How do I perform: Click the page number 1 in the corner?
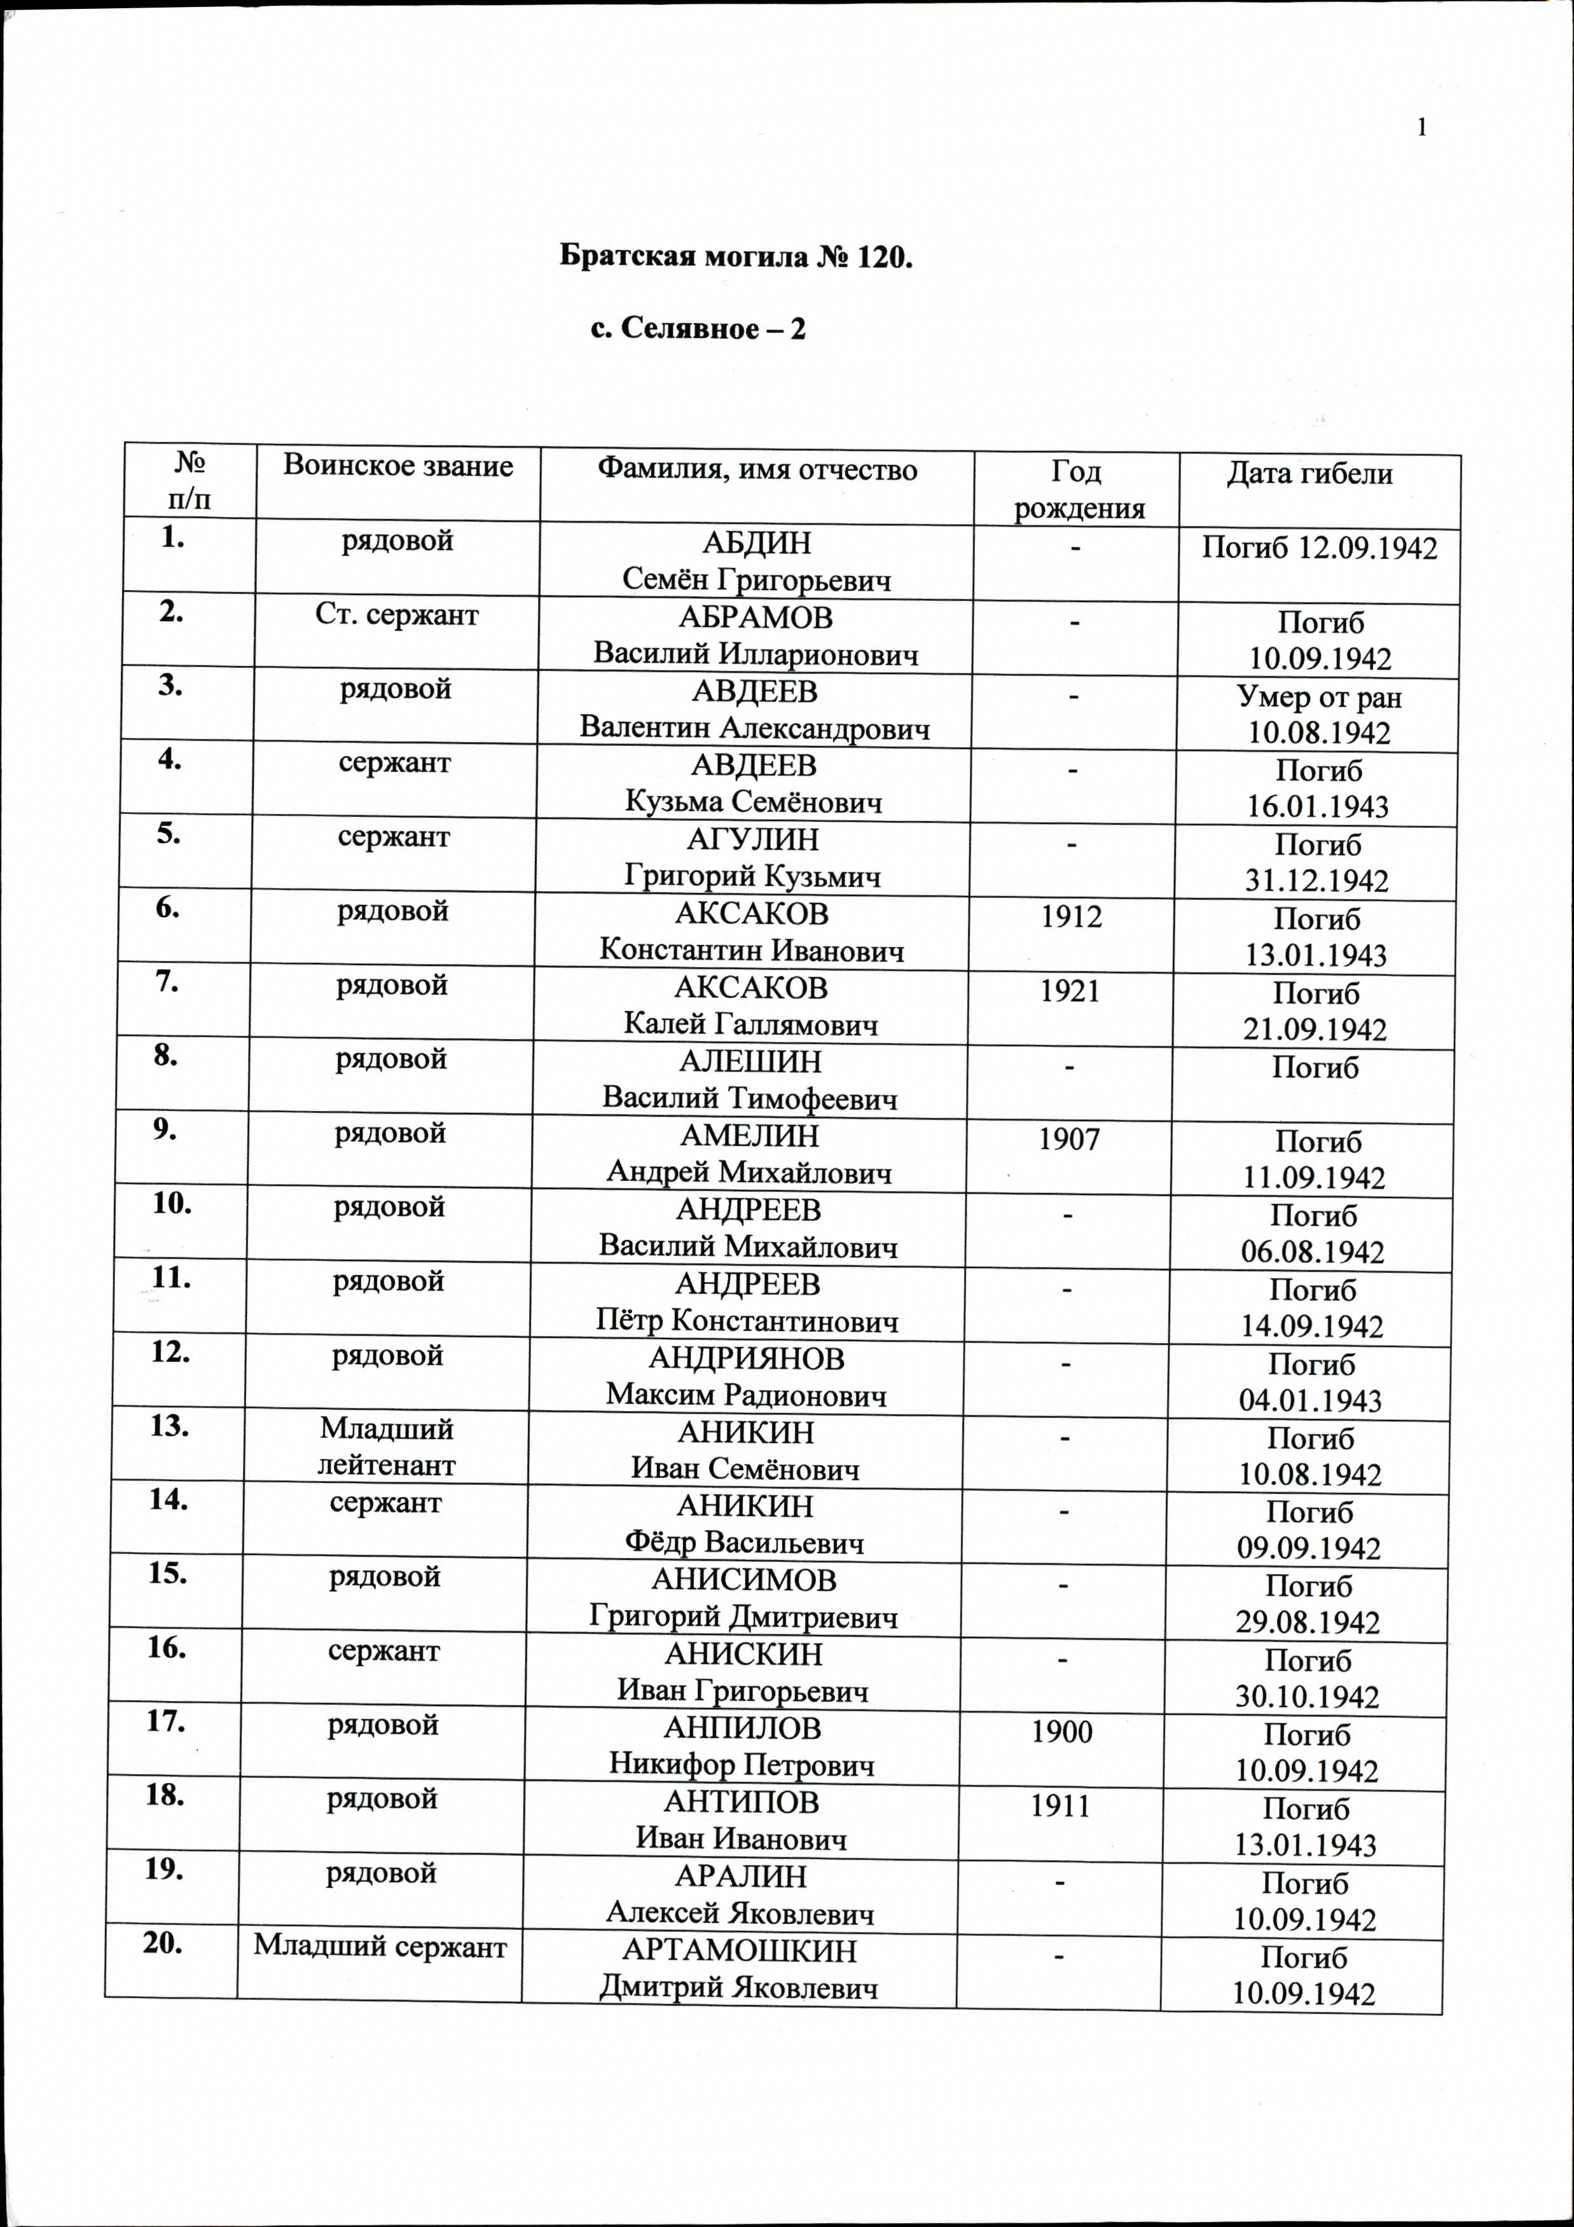click(1422, 128)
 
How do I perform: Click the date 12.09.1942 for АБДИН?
click(1367, 548)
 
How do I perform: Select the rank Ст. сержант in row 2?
click(397, 614)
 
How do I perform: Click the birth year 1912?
click(1071, 916)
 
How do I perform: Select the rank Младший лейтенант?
click(386, 1446)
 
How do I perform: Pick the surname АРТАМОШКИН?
click(739, 1950)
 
